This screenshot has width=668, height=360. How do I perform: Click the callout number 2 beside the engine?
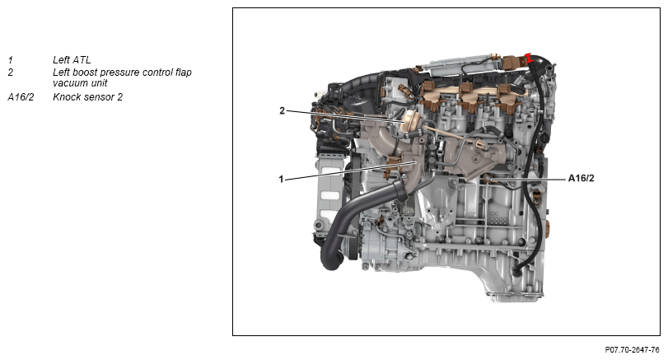[282, 110]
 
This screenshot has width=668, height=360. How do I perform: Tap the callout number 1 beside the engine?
[281, 180]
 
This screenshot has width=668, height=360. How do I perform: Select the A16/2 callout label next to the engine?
[581, 178]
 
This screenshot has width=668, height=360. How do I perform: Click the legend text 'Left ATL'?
[72, 60]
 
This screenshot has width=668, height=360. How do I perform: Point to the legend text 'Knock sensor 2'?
[88, 97]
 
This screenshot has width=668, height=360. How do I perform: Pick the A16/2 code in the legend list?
[21, 97]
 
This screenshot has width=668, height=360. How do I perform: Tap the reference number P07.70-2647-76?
[633, 350]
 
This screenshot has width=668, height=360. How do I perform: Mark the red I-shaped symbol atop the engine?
[528, 58]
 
